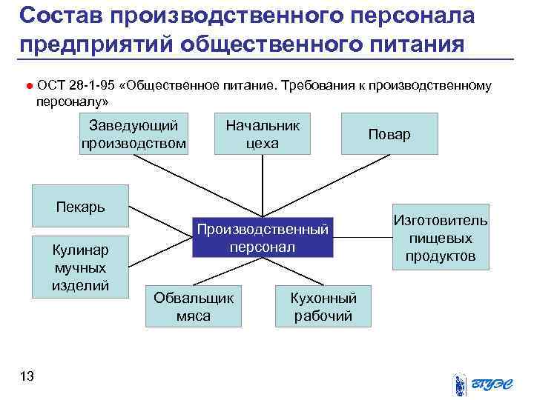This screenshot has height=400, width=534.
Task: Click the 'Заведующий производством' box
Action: pyautogui.click(x=133, y=133)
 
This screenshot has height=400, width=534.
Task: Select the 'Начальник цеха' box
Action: pyautogui.click(x=263, y=133)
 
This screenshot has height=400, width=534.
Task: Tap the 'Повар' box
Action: pyautogui.click(x=389, y=134)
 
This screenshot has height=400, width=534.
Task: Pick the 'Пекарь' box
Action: pyautogui.click(x=81, y=206)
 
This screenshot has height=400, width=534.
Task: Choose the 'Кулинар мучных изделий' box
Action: pyautogui.click(x=81, y=266)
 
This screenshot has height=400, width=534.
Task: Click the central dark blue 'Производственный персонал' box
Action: pyautogui.click(x=263, y=237)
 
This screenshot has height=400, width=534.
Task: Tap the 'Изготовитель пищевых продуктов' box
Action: pyautogui.click(x=441, y=238)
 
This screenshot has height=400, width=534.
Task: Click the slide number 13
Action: pyautogui.click(x=27, y=377)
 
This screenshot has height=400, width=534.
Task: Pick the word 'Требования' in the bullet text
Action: pyautogui.click(x=317, y=85)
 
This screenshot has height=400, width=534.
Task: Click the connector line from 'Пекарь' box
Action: pyautogui.click(x=159, y=220)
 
